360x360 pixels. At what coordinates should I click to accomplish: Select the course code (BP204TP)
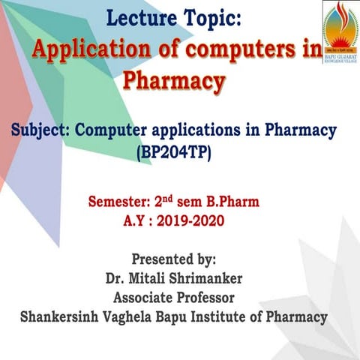click(174, 153)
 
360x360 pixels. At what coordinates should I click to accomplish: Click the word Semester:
click(119, 202)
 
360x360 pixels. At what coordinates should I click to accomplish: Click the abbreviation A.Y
click(138, 221)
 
